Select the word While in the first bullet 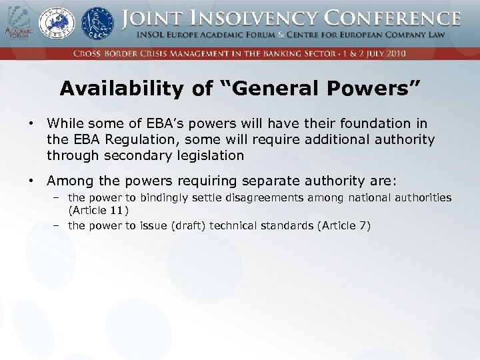pos(65,123)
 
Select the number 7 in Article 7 pos(363,225)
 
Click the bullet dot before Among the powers pos(31,180)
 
